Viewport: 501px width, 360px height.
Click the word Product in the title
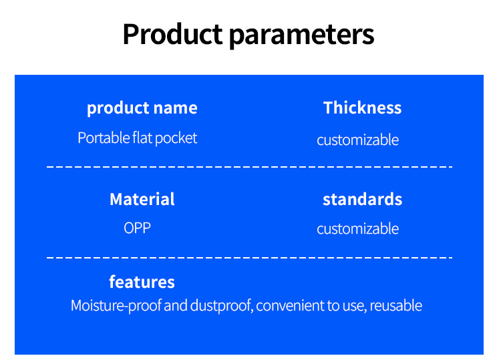[x=172, y=33]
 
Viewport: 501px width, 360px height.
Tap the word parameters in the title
[x=302, y=35]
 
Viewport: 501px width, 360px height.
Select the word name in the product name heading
[x=175, y=108]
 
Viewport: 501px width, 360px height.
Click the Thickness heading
[x=362, y=108]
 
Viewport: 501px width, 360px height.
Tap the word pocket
[x=176, y=138]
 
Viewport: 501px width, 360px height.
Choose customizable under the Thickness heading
[x=357, y=140]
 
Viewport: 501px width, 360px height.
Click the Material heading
[x=142, y=199]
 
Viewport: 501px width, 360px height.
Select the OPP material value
[x=138, y=228]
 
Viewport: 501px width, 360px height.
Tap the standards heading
[x=362, y=199]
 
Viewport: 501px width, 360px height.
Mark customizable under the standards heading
[x=357, y=228]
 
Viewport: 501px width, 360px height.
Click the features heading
[x=142, y=282]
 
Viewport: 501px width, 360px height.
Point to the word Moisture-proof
[x=116, y=306]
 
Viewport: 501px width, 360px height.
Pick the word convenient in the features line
[x=290, y=306]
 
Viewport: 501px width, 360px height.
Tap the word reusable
[x=396, y=306]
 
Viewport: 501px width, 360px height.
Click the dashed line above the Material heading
[x=249, y=167]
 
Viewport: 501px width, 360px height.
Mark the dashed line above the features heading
[x=249, y=257]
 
